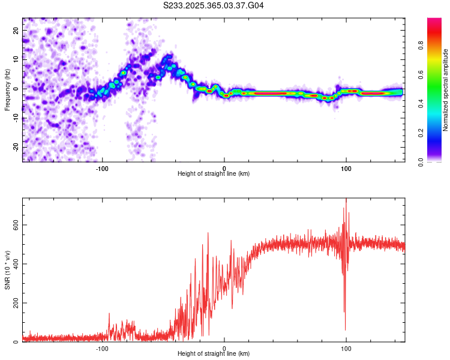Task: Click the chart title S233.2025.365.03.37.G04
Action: pos(214,5)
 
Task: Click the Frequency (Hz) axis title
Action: pos(7,90)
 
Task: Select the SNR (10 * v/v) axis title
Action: pos(7,270)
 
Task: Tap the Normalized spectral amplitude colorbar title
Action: pos(446,90)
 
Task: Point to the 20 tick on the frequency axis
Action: pos(16,30)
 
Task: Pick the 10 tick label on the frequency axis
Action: pos(16,59)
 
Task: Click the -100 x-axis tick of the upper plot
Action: pos(102,167)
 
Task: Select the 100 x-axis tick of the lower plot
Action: pos(346,347)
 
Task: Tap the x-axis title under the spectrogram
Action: pos(214,174)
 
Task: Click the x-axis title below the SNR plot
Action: pos(214,354)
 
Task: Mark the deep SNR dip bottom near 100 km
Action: pos(345,329)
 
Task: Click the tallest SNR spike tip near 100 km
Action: pos(346,199)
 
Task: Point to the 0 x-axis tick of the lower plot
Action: pos(224,347)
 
